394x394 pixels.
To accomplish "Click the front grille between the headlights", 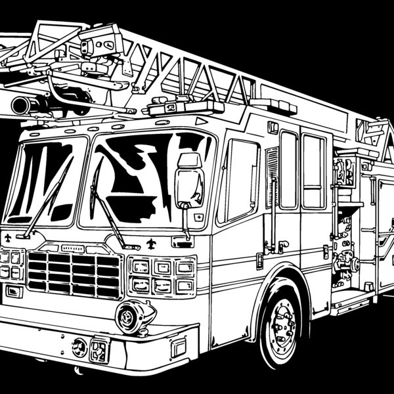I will (x=74, y=273).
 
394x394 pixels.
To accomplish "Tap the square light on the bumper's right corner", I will (x=179, y=347).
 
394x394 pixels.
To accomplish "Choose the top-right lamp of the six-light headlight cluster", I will (x=185, y=267).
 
